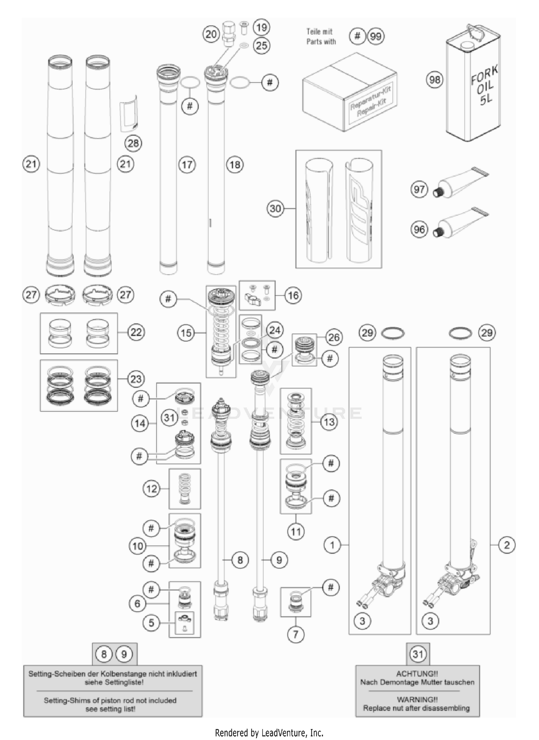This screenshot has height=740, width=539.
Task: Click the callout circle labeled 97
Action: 419,189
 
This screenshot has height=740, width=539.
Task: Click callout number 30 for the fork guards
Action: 275,208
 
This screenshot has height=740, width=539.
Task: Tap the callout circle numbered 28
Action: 133,143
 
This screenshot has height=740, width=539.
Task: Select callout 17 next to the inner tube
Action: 187,165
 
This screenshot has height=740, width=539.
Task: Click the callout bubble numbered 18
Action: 235,165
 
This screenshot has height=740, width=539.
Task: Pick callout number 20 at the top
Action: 211,34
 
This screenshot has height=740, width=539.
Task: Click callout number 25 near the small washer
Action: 262,45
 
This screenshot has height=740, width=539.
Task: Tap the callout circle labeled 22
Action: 136,332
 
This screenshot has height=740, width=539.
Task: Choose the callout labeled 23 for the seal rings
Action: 136,379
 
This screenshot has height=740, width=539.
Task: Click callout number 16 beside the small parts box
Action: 293,295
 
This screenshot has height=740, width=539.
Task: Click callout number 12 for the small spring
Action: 152,489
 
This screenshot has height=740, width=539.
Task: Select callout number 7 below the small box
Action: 295,634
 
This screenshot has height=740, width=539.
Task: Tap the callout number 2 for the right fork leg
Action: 507,545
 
